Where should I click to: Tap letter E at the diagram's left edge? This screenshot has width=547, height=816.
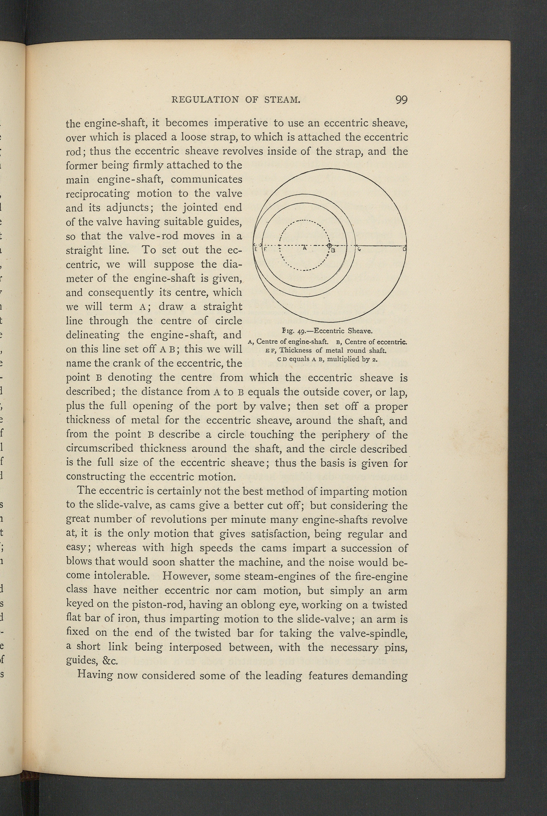255,250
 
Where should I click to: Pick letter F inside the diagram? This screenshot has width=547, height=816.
265,250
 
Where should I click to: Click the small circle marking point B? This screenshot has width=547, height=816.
329,245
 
